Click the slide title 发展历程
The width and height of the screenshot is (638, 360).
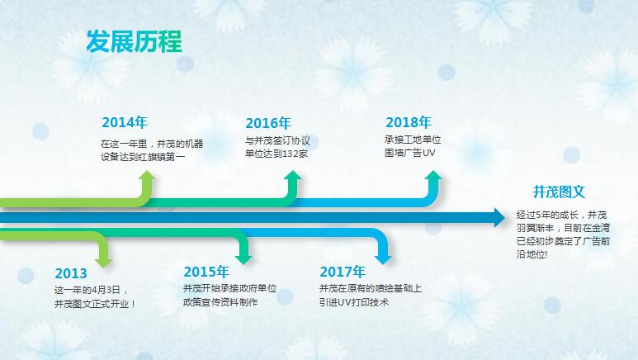[134, 41]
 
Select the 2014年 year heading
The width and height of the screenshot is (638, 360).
[124, 122]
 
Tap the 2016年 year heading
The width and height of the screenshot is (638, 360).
[268, 122]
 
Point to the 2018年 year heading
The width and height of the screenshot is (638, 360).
[408, 122]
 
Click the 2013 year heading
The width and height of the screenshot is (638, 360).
[71, 273]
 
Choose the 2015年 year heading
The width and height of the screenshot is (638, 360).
[206, 272]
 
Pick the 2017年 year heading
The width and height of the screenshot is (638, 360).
[342, 272]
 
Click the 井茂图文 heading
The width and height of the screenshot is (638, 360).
[559, 192]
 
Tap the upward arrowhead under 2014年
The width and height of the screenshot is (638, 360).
[147, 178]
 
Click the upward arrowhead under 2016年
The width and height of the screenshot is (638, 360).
[291, 178]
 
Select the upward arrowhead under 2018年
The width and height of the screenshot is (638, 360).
[433, 178]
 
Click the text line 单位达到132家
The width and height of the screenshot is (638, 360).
[276, 154]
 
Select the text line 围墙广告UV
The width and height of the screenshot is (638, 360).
[409, 154]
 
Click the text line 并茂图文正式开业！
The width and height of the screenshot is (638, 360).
[95, 304]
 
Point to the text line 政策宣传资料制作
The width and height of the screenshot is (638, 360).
[220, 302]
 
